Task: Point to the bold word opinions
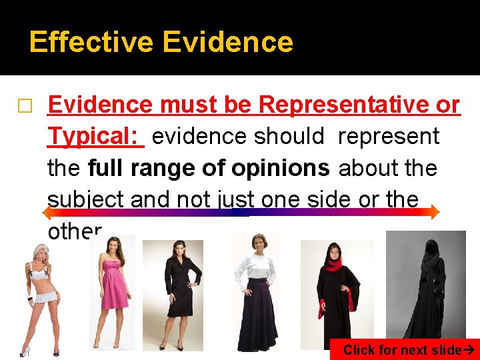point(280,167)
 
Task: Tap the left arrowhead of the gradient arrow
point(47,213)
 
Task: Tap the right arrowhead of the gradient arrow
point(434,213)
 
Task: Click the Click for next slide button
point(405,349)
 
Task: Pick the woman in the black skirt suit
point(175,293)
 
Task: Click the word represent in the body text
point(388,136)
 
